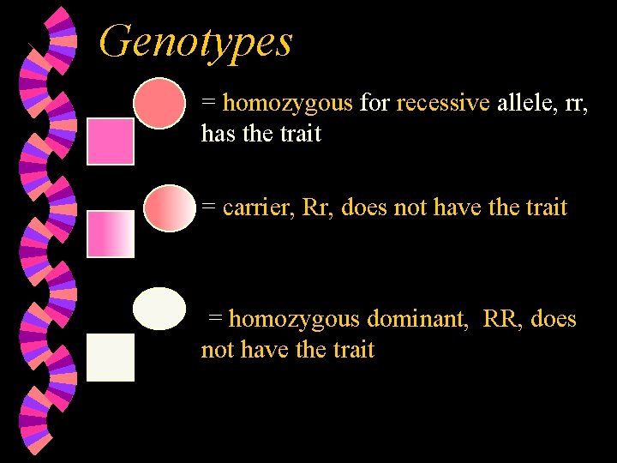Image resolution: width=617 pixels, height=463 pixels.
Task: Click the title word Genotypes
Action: tap(195, 41)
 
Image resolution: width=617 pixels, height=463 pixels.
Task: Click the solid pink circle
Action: tap(159, 104)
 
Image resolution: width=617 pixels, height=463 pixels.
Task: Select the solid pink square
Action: tap(111, 141)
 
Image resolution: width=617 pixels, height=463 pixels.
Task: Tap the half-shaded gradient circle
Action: tap(170, 208)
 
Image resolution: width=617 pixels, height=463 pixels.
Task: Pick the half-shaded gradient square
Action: tap(111, 233)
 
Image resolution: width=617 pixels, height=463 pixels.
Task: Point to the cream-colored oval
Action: tap(159, 309)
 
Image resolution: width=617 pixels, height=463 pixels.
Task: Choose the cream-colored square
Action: tap(111, 357)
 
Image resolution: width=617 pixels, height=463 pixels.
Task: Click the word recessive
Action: tap(443, 104)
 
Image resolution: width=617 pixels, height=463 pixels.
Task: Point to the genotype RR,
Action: tap(503, 319)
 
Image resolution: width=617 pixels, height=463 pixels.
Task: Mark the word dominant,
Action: tap(418, 319)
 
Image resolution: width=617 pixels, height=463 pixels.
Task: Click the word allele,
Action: tap(524, 104)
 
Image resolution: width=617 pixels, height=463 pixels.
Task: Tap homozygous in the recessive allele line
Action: tap(287, 104)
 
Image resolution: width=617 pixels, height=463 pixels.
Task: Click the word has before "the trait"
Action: tap(215, 134)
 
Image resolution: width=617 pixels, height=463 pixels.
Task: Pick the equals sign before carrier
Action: tap(207, 208)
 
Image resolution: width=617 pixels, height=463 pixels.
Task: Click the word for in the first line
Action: tap(374, 104)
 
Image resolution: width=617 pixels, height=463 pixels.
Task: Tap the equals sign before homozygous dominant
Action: tap(214, 320)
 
